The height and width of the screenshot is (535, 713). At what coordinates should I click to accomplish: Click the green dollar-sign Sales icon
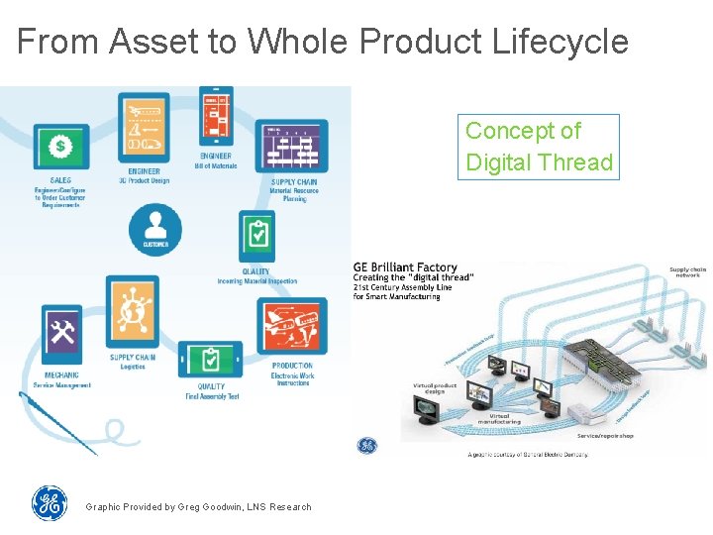[61, 148]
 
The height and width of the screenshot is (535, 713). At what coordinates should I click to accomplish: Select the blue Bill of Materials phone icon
[216, 114]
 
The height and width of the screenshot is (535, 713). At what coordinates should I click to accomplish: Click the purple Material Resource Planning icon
[291, 145]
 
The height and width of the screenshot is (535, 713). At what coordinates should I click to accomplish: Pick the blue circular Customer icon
[155, 230]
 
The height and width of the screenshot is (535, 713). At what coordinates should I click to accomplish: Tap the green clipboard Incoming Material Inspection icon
[257, 236]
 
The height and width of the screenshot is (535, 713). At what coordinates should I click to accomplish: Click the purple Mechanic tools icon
[62, 335]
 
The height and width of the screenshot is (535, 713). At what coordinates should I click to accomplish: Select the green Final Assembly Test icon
[210, 359]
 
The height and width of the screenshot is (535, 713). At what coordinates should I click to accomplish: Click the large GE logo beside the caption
[50, 503]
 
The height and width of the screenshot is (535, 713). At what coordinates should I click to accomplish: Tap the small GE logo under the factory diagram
[367, 446]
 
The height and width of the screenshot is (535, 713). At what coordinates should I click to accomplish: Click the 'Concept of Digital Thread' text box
[539, 147]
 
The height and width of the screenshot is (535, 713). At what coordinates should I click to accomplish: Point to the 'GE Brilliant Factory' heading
[406, 267]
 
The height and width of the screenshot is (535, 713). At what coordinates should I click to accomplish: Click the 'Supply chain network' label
[687, 272]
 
